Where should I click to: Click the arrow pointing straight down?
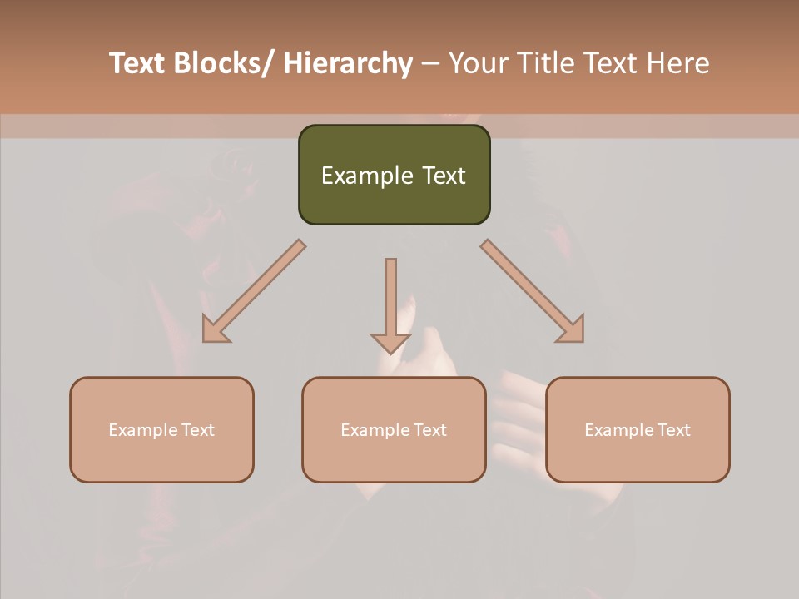[x=390, y=304]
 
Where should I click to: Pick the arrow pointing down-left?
[x=254, y=292]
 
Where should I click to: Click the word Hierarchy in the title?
[x=347, y=64]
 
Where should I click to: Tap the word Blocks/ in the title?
[x=220, y=64]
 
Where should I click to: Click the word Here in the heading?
[x=677, y=64]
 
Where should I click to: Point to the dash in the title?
[x=430, y=64]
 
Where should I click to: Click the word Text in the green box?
[x=443, y=176]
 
